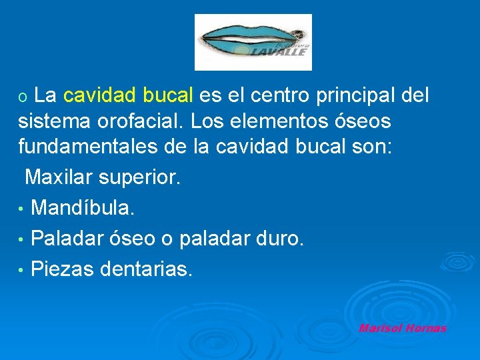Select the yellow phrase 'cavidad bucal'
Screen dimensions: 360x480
(x=128, y=97)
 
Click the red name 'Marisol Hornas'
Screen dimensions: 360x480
(x=402, y=328)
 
